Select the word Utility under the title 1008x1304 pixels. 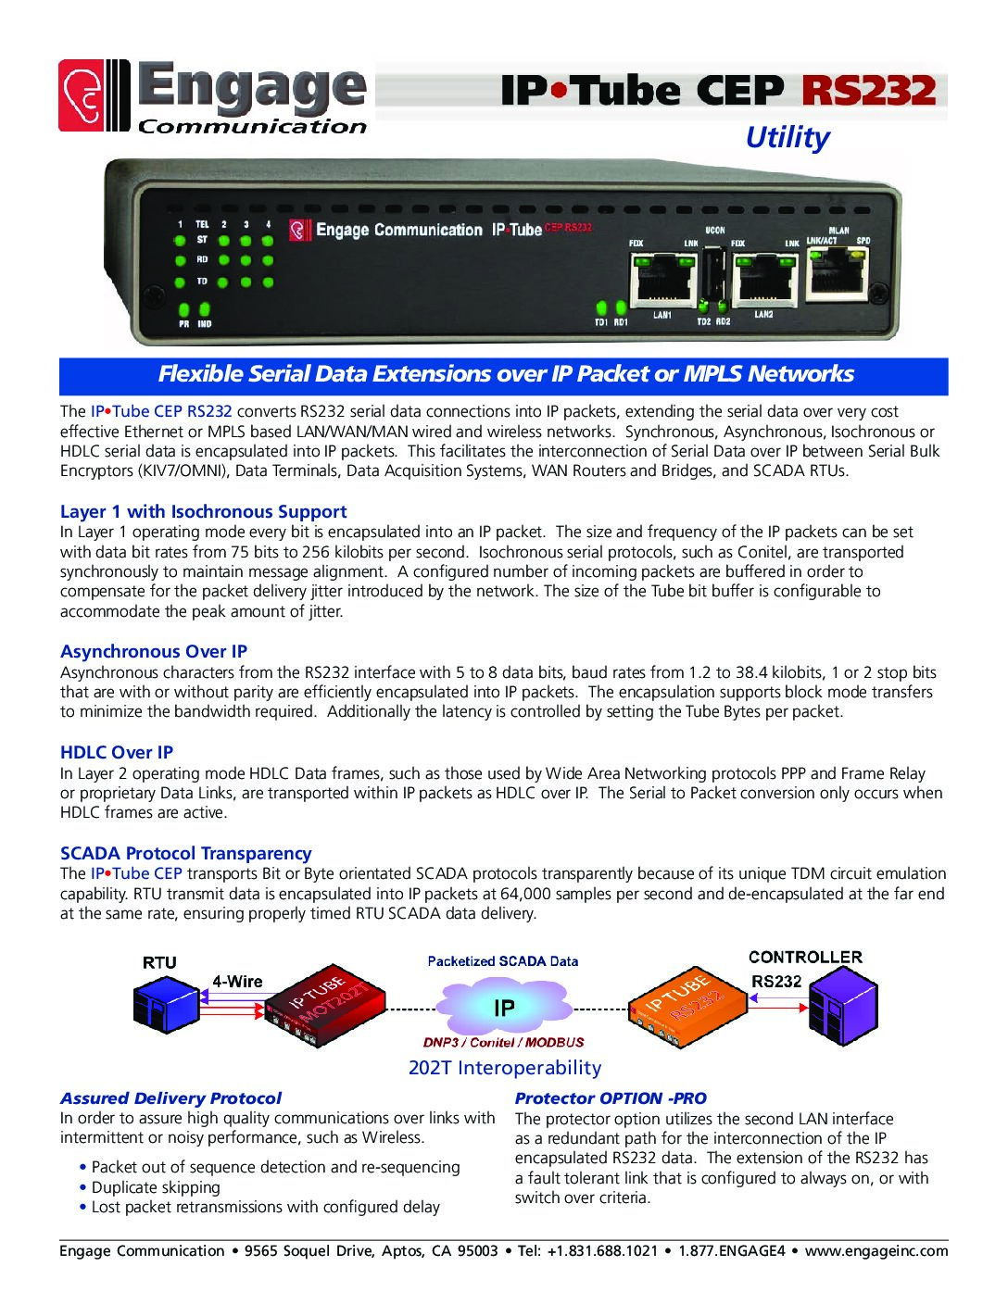787,138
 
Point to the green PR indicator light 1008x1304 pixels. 183,309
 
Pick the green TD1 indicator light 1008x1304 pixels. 600,307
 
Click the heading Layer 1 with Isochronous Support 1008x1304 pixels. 204,511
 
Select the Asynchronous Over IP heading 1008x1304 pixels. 154,651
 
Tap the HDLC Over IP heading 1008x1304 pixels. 117,752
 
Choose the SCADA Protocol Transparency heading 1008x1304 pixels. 185,853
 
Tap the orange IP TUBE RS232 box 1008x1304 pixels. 688,1007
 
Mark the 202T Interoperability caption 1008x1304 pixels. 504,1068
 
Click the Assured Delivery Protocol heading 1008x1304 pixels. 170,1097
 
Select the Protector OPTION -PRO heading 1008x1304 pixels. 611,1097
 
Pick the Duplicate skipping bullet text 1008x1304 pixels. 156,1187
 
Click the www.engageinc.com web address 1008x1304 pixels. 876,1250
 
